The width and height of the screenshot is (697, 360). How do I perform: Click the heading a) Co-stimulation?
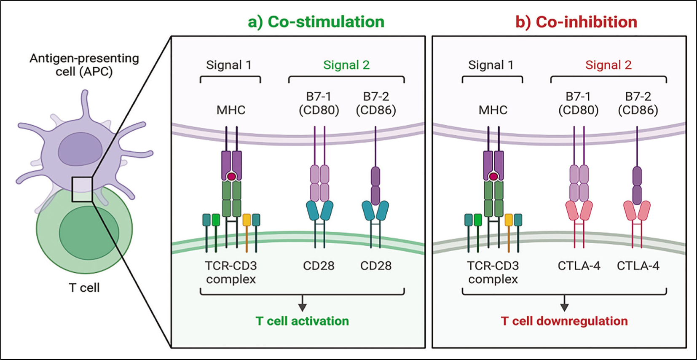tap(316, 22)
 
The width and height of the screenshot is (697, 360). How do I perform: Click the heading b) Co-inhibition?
tap(576, 22)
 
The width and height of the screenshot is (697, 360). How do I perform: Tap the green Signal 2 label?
tap(346, 65)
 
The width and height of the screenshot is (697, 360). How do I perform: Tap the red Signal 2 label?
tap(609, 65)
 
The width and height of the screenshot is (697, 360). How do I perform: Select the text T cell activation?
tap(302, 321)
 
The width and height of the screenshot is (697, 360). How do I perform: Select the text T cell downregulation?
tap(564, 321)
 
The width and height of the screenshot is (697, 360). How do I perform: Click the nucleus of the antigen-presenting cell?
tap(80, 149)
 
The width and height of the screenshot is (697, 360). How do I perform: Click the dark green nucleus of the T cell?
tap(89, 232)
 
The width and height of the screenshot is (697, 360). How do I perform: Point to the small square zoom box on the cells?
tap(82, 177)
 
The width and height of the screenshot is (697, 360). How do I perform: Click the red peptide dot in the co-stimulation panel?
tap(231, 177)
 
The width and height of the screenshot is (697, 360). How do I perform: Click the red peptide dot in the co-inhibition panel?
tap(493, 177)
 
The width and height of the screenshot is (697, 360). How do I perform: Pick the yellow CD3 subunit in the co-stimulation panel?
tap(247, 220)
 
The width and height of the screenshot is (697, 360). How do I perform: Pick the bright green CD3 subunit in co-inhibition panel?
tap(477, 220)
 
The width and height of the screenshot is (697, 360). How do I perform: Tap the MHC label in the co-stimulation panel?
tap(231, 110)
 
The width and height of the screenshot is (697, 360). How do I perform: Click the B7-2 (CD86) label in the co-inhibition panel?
tap(638, 103)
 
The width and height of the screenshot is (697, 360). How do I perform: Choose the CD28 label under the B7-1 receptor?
tap(319, 266)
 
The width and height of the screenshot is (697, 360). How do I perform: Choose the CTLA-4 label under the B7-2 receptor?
tap(638, 266)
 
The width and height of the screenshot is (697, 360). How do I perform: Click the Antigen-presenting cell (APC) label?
tap(84, 65)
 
